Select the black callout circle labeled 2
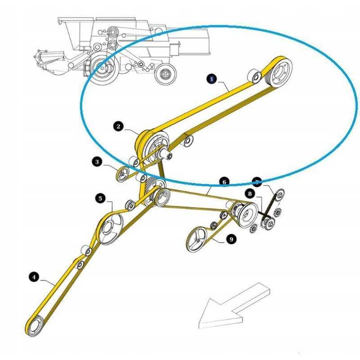click(118, 127)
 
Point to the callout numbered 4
click(34, 277)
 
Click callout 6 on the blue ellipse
click(224, 181)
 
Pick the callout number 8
click(249, 193)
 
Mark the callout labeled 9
click(231, 240)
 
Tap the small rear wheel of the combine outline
click(164, 74)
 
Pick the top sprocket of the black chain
click(279, 195)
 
